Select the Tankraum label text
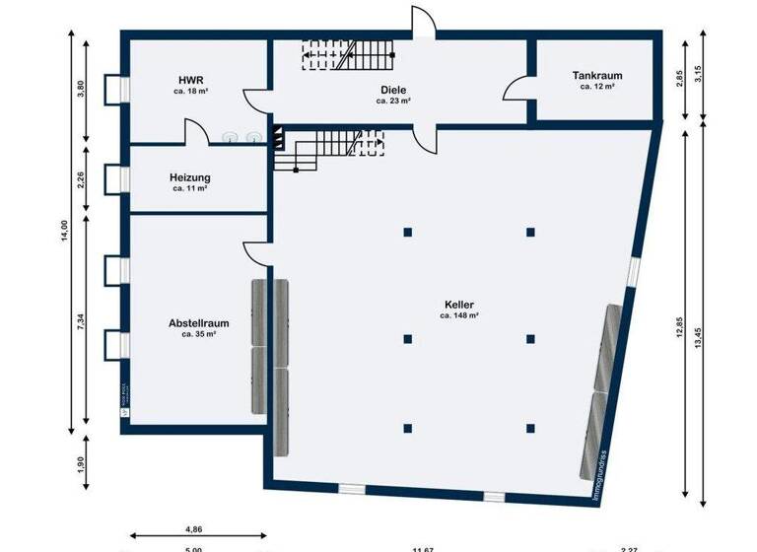point(597,75)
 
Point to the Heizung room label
point(190,177)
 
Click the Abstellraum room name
point(199,322)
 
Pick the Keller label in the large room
point(459,305)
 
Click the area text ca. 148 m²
point(459,316)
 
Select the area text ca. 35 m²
point(199,334)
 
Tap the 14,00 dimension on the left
point(64,229)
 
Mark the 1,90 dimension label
point(82,464)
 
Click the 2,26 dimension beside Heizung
point(82,179)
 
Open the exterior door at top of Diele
point(421,22)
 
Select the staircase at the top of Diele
point(347,55)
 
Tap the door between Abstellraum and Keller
point(255,252)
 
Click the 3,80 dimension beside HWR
point(82,89)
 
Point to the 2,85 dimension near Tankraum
point(680,78)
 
